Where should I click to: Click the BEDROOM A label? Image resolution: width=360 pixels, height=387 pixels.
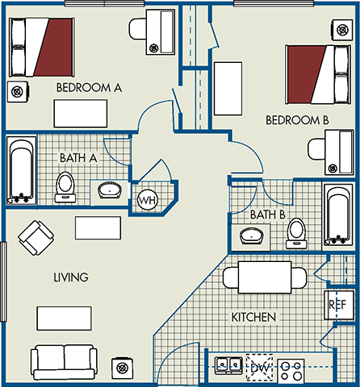pos(89,87)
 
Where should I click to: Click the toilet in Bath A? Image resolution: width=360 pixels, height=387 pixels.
pos(65,186)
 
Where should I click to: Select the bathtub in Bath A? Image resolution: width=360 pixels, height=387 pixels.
pos(20,171)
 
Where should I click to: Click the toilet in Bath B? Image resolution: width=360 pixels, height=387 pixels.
pos(297,231)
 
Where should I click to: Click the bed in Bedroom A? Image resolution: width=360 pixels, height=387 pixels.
pos(42,46)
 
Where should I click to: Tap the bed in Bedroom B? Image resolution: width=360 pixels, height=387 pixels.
pos(316,73)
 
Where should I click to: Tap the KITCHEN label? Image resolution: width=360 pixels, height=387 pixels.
pos(255,318)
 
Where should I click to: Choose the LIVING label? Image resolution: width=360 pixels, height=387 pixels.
pos(70,277)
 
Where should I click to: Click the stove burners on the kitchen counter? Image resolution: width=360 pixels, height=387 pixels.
pos(297,367)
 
